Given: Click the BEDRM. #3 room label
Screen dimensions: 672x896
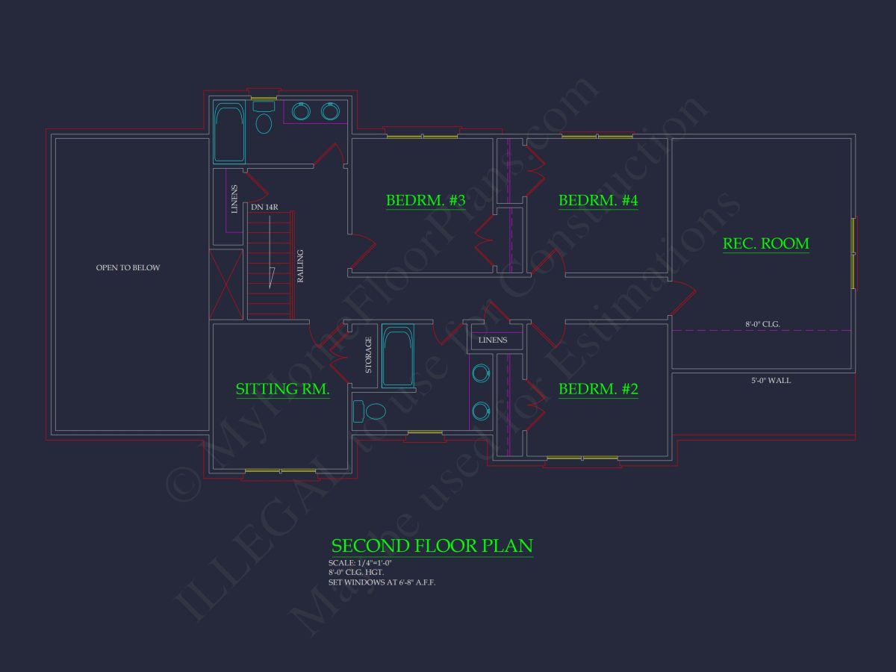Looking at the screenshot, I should coord(426,201).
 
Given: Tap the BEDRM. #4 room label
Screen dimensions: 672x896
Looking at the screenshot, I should coord(598,201).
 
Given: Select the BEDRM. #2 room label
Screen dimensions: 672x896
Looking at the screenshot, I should coord(598,389).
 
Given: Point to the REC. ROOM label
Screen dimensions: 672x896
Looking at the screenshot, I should coord(765,243).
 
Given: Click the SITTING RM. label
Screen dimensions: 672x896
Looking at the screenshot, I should coord(282,389).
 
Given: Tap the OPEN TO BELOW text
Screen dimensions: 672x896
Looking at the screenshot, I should coord(128,267).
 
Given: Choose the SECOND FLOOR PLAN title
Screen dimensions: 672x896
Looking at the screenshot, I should coord(432,545).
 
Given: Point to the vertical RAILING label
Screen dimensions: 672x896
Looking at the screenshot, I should coord(301,265).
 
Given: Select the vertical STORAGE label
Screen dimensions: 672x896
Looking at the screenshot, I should coord(368,355).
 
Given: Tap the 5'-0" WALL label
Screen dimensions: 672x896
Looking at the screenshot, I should coord(771,381).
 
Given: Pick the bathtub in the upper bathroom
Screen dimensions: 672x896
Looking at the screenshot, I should coord(229,132).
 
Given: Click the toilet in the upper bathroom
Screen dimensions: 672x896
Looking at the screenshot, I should coord(264,120).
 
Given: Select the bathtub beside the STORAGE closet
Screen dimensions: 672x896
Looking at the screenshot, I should coord(397,355).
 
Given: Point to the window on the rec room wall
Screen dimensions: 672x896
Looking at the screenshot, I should coord(854,253).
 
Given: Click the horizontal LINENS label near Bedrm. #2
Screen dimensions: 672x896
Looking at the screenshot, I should coord(493,340).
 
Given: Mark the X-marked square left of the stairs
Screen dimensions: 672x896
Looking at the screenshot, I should coord(225,284).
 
